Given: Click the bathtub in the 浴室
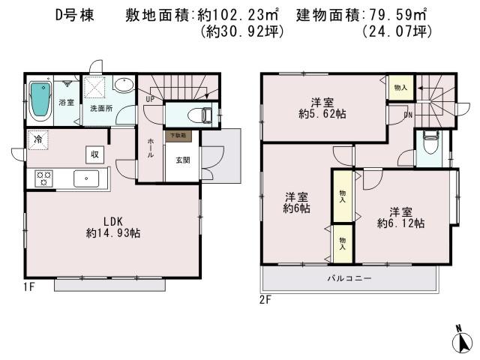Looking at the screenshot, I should [x=39, y=102].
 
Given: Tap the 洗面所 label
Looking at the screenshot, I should [x=99, y=109].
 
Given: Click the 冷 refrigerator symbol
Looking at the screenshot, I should [x=37, y=139].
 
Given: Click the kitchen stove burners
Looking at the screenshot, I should [x=43, y=178].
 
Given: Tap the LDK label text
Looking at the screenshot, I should [x=112, y=221].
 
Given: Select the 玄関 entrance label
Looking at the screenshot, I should [x=182, y=159].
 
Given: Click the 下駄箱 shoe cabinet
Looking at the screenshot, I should [x=178, y=136].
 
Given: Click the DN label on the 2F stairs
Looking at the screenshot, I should [x=408, y=115].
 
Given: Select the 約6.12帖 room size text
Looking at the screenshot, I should [x=400, y=223].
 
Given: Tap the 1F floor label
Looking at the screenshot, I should [x=29, y=286].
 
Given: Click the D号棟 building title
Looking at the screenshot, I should [x=74, y=15].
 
